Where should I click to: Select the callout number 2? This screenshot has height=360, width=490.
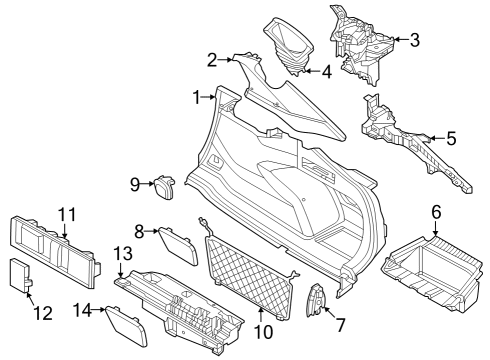pyautogui.click(x=212, y=60)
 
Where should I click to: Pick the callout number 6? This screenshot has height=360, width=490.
pyautogui.click(x=435, y=212)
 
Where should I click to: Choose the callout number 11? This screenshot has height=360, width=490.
pyautogui.click(x=66, y=213)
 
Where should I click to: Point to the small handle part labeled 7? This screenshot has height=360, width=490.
pyautogui.click(x=318, y=301)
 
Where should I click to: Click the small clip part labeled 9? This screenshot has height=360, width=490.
pyautogui.click(x=163, y=186)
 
